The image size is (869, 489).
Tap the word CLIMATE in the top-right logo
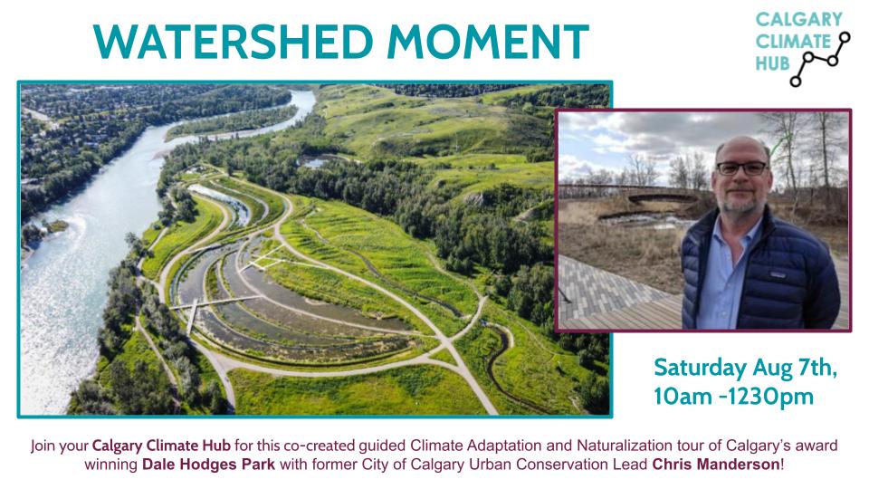coord(793,42)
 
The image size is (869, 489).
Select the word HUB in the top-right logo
coord(772,63)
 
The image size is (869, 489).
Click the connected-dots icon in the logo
coord(821,60)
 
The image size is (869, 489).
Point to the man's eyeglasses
coord(741,168)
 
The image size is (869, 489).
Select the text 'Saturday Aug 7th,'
coord(745,369)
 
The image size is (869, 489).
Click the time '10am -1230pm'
coord(734,397)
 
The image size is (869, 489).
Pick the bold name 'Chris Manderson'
coord(715,464)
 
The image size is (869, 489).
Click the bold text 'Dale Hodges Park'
coord(208,464)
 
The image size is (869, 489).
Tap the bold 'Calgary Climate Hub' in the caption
coord(161,446)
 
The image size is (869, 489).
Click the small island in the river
coord(55,226)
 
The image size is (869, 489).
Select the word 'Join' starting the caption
coord(43,446)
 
